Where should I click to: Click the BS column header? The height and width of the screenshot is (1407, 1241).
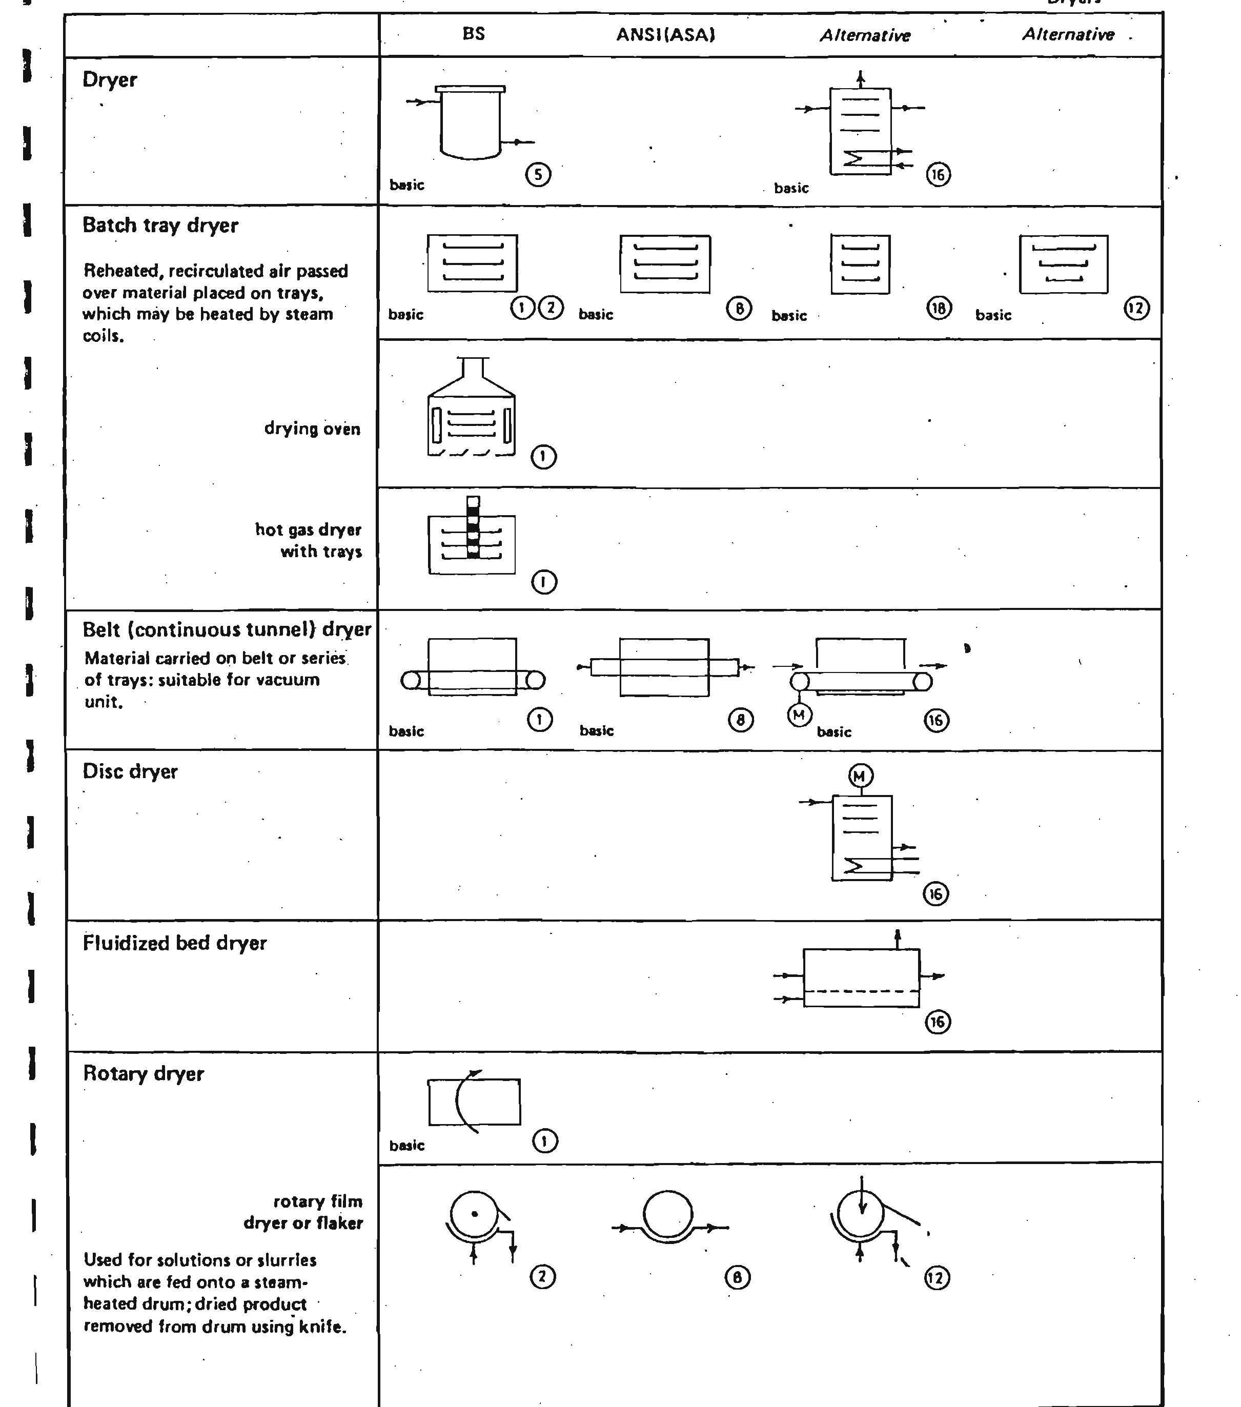[x=474, y=34]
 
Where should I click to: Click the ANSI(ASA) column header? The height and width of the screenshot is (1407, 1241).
[x=665, y=35]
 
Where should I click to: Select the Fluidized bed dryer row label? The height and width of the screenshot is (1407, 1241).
[x=174, y=943]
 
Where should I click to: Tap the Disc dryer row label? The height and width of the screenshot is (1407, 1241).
[x=130, y=771]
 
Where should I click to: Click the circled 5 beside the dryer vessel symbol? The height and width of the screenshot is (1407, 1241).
[x=538, y=174]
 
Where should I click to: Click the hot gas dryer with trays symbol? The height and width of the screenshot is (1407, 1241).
[x=472, y=538]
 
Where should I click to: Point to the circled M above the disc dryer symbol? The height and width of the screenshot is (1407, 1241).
[x=860, y=776]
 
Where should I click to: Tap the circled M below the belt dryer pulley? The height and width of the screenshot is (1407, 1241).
[x=799, y=715]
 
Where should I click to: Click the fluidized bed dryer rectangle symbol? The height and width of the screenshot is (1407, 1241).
[x=861, y=977]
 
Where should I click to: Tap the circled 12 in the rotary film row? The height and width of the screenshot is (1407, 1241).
[x=937, y=1278]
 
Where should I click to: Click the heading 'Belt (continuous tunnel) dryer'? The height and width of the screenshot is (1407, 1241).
[x=227, y=630]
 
